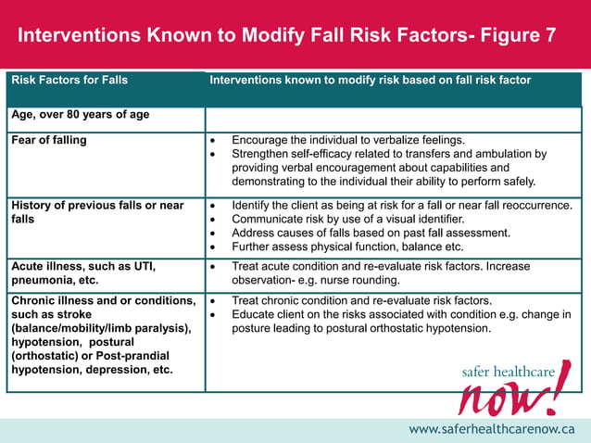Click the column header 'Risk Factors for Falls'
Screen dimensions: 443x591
coord(69,81)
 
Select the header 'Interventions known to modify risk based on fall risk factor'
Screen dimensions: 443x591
coord(371,81)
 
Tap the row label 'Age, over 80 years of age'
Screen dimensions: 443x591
coord(80,116)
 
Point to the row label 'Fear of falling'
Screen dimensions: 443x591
coord(49,141)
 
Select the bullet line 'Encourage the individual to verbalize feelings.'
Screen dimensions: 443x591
coord(347,141)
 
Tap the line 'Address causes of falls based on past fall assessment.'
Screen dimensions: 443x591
coord(371,234)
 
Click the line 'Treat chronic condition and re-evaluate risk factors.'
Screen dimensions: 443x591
coord(361,301)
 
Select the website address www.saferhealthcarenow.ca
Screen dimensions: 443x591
coord(492,429)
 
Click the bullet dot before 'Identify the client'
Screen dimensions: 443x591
coord(214,206)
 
